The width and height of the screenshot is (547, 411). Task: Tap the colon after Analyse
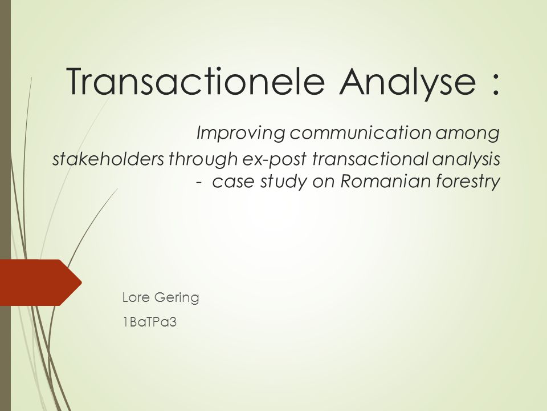pyautogui.click(x=496, y=84)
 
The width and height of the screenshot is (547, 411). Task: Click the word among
pyautogui.click(x=467, y=134)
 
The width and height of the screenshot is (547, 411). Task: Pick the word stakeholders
pyautogui.click(x=108, y=159)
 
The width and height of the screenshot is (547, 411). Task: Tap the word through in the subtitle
pyautogui.click(x=203, y=160)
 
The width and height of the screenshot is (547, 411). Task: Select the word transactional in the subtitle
pyautogui.click(x=370, y=159)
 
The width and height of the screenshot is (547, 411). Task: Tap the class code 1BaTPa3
pyautogui.click(x=150, y=322)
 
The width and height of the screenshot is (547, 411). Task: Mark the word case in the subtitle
pyautogui.click(x=234, y=182)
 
